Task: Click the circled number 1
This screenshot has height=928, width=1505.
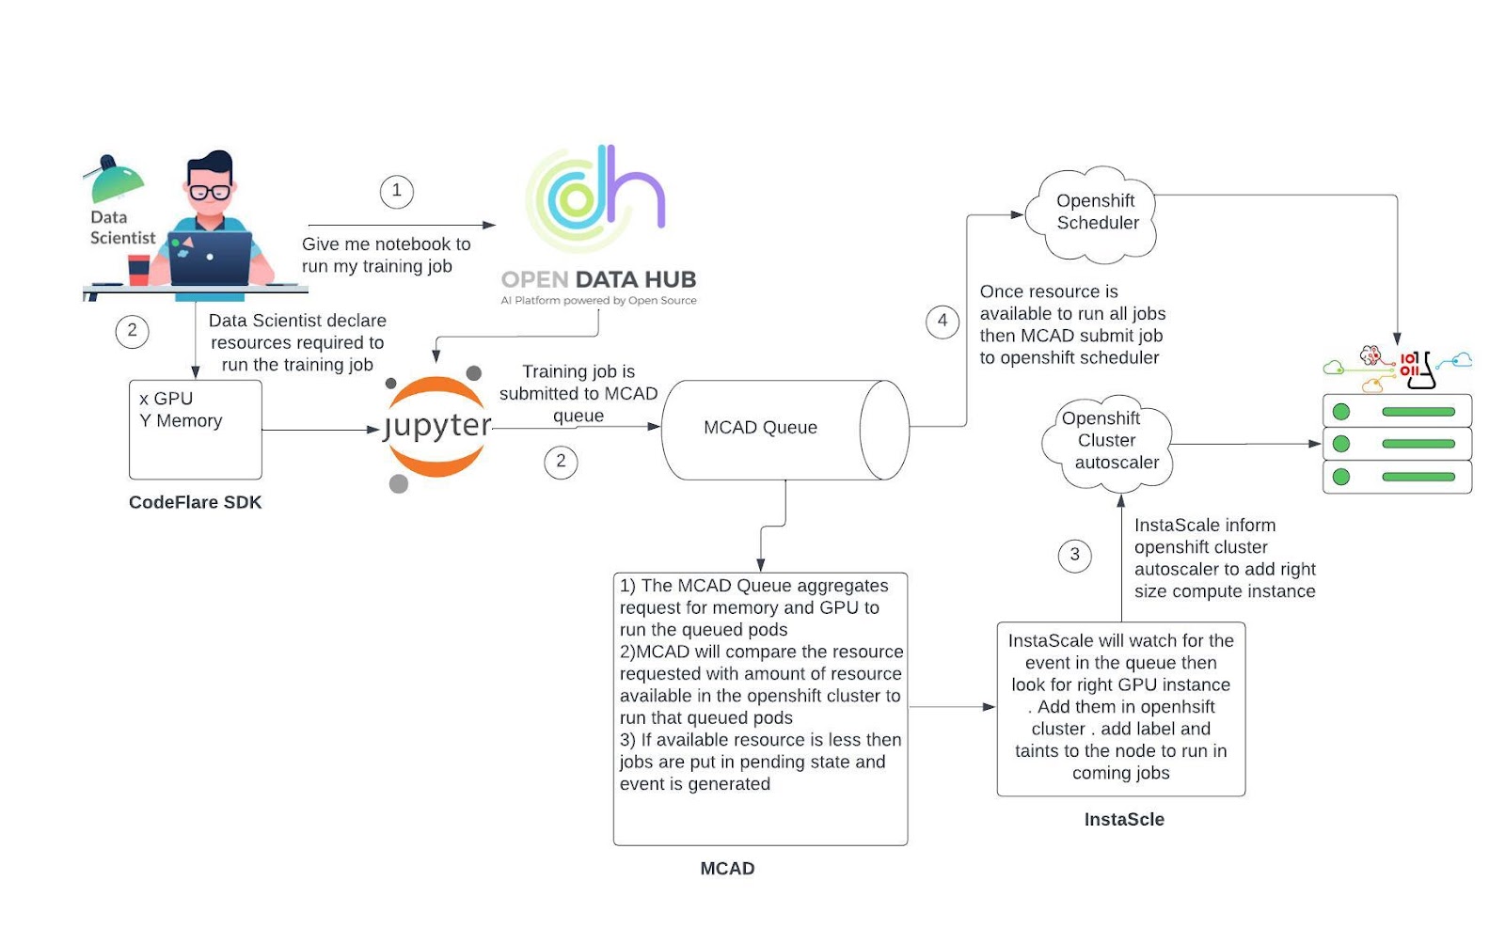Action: [x=396, y=191]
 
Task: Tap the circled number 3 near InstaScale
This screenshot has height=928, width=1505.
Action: [x=1074, y=555]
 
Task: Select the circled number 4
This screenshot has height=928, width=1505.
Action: [x=942, y=321]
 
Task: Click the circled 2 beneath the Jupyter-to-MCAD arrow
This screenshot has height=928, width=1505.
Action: [x=561, y=462]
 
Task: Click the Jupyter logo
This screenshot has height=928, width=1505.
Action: [x=437, y=427]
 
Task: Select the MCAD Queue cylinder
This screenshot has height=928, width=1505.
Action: [x=784, y=430]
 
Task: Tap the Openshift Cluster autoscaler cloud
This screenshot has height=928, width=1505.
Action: [x=1107, y=441]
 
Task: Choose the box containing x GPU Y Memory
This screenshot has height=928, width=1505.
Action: [x=196, y=430]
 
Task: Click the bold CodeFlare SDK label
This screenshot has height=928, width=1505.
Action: [x=196, y=503]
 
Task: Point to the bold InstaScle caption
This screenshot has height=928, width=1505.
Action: [x=1124, y=820]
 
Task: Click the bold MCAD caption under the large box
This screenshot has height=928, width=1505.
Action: [x=727, y=869]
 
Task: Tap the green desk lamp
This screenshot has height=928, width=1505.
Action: [x=116, y=181]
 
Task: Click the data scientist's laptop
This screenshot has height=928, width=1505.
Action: [x=210, y=257]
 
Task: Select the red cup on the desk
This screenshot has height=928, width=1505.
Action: [x=138, y=269]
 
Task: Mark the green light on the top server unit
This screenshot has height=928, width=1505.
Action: [x=1341, y=412]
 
